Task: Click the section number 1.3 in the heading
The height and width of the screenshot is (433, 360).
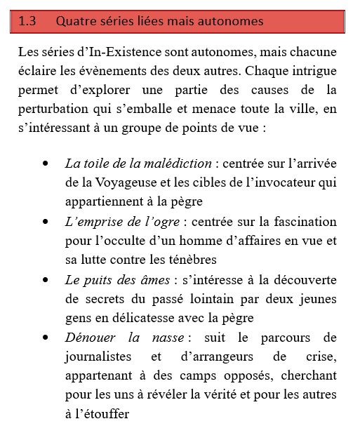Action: (27, 22)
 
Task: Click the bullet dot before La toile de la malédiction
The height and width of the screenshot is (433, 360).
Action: (46, 164)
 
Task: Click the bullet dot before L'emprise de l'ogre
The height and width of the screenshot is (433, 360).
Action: (46, 222)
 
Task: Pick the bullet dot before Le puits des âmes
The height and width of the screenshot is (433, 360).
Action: (46, 280)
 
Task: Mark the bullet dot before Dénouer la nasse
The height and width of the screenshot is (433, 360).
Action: (46, 338)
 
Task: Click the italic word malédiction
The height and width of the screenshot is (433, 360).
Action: (178, 164)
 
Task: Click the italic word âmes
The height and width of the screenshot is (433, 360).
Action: (153, 280)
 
